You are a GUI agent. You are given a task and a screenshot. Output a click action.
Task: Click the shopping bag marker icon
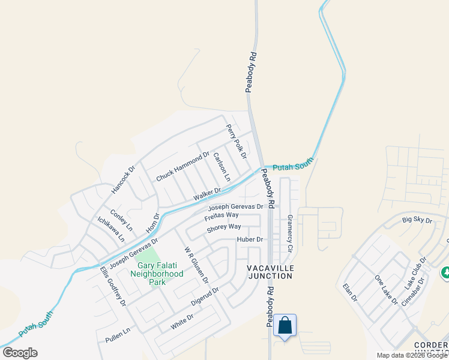[x=285, y=326]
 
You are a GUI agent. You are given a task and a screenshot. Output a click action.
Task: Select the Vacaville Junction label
[x=270, y=272]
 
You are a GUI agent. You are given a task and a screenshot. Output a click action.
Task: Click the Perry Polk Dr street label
[x=237, y=141]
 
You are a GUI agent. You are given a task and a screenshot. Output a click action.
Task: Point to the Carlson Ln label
[x=221, y=167]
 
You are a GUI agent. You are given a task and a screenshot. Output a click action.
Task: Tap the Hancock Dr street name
[x=123, y=179]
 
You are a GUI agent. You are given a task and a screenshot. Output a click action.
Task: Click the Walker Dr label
[x=207, y=194]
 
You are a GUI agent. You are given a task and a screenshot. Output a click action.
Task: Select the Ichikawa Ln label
[x=111, y=229]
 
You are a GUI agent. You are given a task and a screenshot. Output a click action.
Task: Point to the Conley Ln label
[x=121, y=220]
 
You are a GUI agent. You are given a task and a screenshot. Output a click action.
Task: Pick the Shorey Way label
[x=223, y=227]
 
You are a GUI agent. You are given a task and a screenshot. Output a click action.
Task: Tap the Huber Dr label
[x=250, y=239]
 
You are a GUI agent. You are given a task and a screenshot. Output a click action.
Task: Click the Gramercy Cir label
[x=289, y=233]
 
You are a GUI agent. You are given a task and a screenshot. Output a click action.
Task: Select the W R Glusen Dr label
[x=196, y=265]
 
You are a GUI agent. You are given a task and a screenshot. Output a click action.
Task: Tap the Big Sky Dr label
[x=417, y=220]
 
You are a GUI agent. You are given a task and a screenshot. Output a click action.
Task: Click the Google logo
[x=20, y=353]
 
